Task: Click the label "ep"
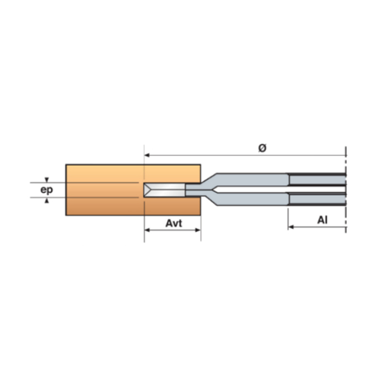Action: click(47, 190)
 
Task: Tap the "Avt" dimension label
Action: click(174, 223)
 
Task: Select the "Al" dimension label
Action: click(323, 220)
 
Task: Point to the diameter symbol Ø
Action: click(262, 148)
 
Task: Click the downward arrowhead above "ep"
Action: click(47, 180)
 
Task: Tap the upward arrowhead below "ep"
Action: click(47, 200)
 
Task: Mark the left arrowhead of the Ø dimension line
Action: click(147, 155)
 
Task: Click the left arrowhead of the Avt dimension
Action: click(147, 230)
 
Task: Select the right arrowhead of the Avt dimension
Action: click(198, 230)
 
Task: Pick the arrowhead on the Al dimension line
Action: click(291, 227)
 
